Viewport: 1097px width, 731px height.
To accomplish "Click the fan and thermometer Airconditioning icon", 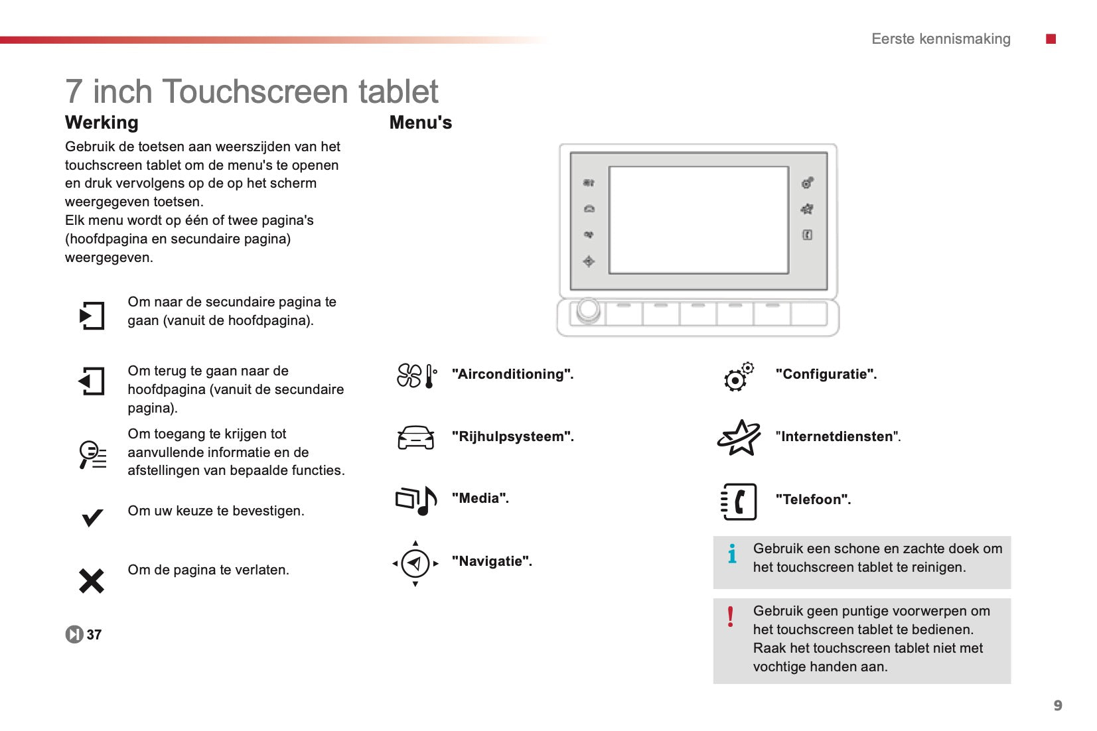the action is click(417, 375).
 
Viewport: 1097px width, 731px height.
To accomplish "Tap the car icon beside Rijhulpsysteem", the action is click(415, 437).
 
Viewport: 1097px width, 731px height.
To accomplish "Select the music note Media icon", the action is click(416, 500).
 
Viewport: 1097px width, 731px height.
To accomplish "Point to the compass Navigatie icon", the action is click(415, 564).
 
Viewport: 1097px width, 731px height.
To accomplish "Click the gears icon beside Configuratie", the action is click(739, 377).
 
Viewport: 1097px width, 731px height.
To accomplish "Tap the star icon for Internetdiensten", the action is click(739, 437).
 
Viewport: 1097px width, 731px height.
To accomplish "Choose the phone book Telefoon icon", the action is click(739, 501).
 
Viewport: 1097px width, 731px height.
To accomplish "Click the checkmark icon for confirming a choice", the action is click(92, 517).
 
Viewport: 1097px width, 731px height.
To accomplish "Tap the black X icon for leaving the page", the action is click(92, 580).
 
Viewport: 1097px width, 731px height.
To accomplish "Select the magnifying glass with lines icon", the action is click(92, 455).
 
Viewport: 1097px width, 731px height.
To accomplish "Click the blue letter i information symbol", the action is click(732, 554).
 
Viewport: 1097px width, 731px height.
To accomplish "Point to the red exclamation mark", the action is click(730, 617).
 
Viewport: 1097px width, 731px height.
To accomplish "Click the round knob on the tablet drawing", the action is click(588, 310).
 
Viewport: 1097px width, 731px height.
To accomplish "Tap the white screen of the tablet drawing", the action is click(698, 220).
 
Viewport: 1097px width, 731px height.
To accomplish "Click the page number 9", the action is click(1058, 705).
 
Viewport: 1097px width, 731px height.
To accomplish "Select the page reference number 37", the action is click(94, 635).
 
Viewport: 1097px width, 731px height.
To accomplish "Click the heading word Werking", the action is click(102, 123).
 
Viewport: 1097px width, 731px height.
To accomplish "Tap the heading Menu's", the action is click(421, 123).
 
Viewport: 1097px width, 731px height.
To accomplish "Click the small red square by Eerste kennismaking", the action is click(1051, 38).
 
